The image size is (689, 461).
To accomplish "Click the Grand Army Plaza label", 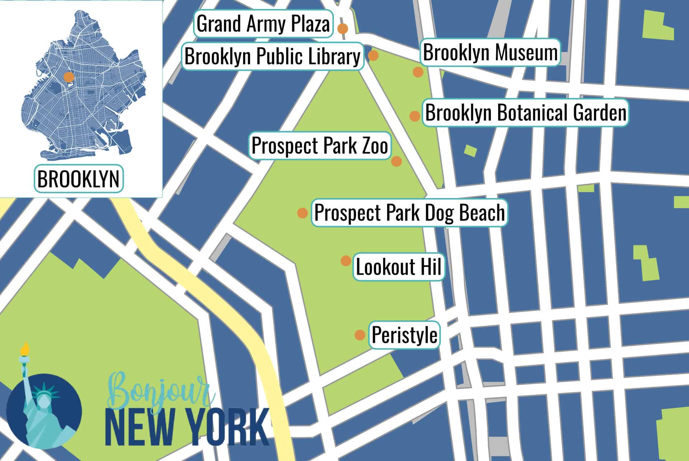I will tap(263, 24).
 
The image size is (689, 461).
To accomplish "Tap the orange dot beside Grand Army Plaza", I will tap(343, 28).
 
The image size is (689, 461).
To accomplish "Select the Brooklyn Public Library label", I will tap(272, 56).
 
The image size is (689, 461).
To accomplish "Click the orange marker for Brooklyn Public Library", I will tap(373, 56).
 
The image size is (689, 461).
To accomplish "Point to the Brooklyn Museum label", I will tap(490, 52).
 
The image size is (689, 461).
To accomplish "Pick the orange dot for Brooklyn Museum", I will tap(418, 72).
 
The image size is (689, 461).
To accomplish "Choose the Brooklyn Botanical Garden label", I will tap(526, 113).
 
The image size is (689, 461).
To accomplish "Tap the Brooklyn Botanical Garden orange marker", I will tap(415, 116).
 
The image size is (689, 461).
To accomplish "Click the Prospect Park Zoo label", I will tap(320, 146).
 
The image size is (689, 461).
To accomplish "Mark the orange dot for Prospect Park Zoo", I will tap(396, 161).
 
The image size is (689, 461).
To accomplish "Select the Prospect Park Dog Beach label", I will tap(409, 212).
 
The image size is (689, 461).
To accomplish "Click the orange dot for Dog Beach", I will tap(303, 213).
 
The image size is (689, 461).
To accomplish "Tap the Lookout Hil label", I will tap(399, 267).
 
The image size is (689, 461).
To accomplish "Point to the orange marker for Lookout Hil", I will tap(346, 260).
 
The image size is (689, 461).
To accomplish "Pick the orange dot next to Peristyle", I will tap(360, 335).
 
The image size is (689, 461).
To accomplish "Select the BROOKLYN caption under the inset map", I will tap(78, 179).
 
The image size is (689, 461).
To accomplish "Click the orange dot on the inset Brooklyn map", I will tap(69, 77).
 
